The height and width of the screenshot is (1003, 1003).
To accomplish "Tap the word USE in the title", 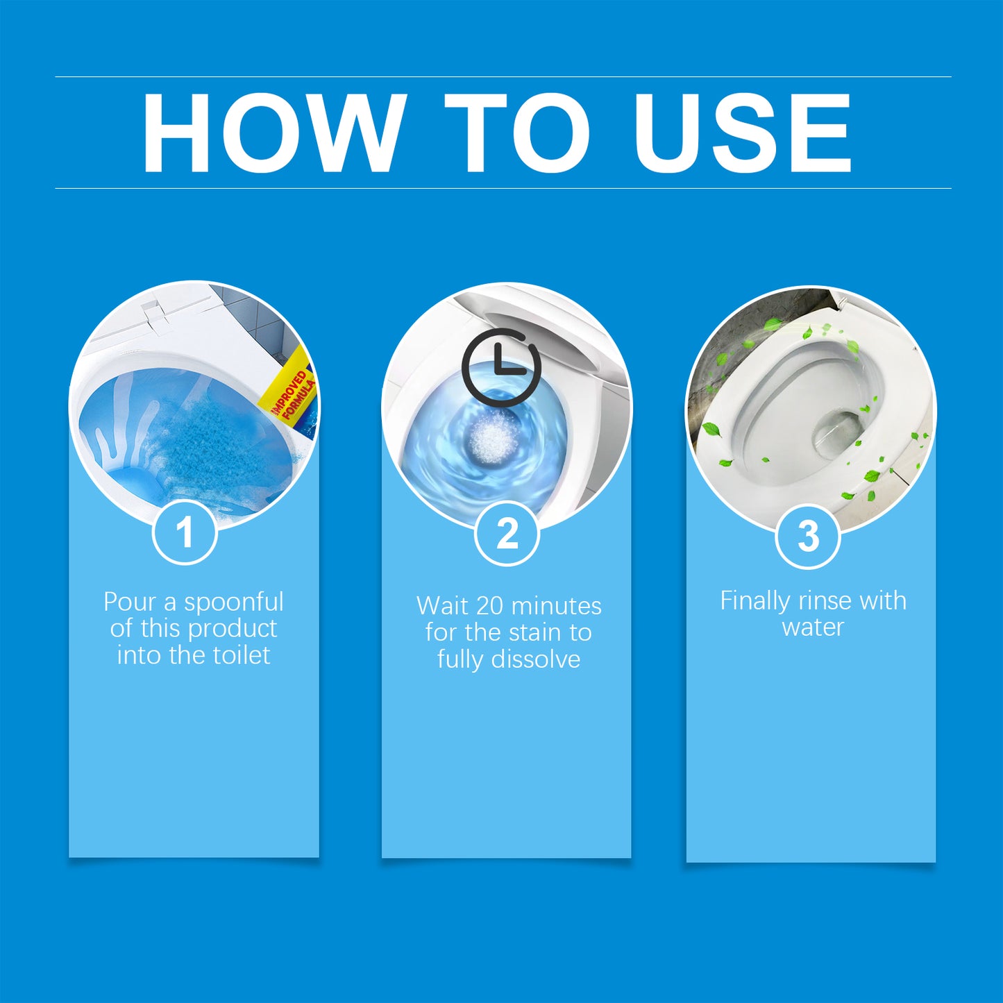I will (x=742, y=133).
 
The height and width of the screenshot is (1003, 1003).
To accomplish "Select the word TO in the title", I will (x=517, y=133).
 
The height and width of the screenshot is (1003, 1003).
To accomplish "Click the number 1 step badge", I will (x=185, y=532).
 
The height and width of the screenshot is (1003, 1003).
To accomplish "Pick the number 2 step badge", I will (x=507, y=534).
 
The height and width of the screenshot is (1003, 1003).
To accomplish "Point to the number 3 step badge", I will (x=808, y=537).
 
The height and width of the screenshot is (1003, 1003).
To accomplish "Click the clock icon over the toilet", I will (x=501, y=367).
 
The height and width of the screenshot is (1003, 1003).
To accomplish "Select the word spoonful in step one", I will (x=233, y=602).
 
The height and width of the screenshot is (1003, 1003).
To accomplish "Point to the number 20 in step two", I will (x=489, y=606).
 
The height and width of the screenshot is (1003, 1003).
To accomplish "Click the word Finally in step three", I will (x=755, y=601).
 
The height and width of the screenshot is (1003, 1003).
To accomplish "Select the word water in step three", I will (x=813, y=627).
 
